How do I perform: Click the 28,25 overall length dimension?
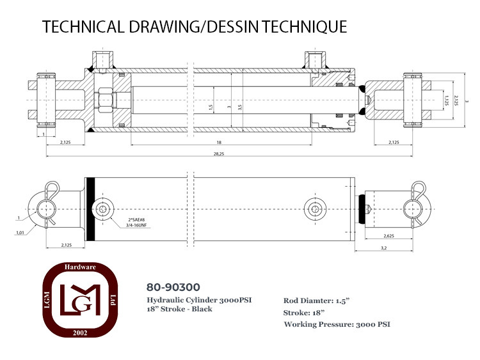(x=219, y=154)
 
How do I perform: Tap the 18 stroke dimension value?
(x=219, y=142)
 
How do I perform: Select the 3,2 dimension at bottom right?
(x=384, y=248)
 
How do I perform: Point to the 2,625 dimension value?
(x=388, y=236)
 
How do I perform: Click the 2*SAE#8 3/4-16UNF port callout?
(x=136, y=223)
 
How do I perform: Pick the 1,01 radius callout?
(x=20, y=233)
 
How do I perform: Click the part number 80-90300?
(x=173, y=287)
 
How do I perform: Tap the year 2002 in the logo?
(x=80, y=333)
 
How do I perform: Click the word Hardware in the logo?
(x=80, y=267)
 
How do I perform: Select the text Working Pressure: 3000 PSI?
(x=337, y=324)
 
